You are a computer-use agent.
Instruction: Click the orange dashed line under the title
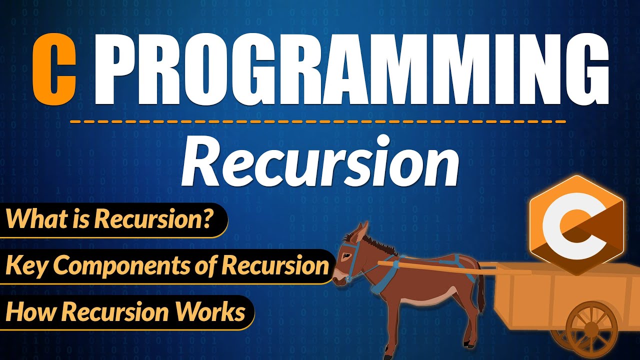(320, 121)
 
